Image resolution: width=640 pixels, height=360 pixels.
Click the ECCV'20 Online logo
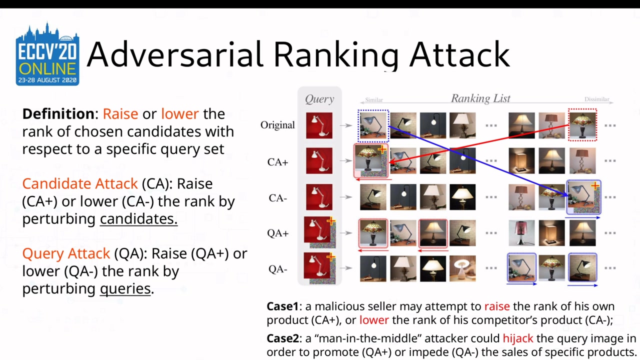[47, 54]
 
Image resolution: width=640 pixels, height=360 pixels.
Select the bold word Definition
[58, 114]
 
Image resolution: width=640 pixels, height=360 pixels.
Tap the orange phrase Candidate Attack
[80, 184]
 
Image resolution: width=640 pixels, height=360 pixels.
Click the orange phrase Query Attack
[66, 253]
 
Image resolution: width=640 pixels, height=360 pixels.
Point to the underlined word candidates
[138, 219]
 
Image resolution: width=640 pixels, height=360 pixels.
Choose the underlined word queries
[125, 288]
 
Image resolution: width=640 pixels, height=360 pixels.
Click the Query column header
[319, 99]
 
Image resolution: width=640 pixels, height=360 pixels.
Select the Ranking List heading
[480, 98]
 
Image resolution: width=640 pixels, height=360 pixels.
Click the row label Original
[277, 125]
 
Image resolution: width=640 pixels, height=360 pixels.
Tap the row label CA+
[278, 162]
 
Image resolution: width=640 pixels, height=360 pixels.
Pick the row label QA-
[278, 269]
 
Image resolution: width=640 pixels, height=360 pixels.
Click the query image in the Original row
[319, 125]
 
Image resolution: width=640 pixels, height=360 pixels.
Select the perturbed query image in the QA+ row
[319, 232]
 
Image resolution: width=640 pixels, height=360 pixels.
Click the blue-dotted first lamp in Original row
[373, 125]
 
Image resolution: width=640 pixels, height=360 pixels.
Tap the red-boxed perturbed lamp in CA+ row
[371, 161]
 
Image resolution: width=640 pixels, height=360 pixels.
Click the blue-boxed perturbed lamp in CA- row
[583, 197]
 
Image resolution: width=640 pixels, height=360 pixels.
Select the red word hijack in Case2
[518, 338]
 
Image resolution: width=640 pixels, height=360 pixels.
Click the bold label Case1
[282, 306]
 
